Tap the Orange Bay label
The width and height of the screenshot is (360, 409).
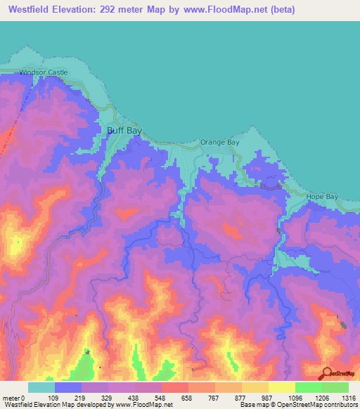pyautogui.click(x=221, y=142)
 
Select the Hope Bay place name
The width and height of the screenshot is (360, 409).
pyautogui.click(x=323, y=197)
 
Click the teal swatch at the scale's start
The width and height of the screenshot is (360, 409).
pyautogui.click(x=41, y=387)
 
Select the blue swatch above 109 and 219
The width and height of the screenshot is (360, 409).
pyautogui.click(x=68, y=387)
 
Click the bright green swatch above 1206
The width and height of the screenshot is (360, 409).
pyautogui.click(x=309, y=387)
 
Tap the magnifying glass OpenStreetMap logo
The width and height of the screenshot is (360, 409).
pyautogui.click(x=326, y=374)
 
